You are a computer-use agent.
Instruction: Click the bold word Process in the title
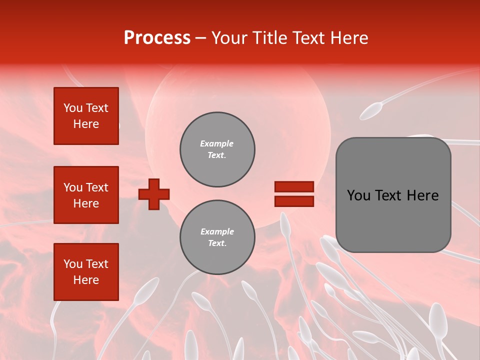click(x=157, y=38)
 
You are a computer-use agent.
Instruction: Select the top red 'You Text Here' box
click(x=86, y=116)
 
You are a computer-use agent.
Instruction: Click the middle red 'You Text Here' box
click(x=86, y=195)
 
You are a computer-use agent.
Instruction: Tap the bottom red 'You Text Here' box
click(x=86, y=272)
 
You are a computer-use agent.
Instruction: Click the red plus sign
click(x=154, y=193)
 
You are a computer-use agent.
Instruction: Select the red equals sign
click(x=294, y=194)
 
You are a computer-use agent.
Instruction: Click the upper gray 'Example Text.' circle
click(x=217, y=149)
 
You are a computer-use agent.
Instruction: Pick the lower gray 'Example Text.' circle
click(x=217, y=237)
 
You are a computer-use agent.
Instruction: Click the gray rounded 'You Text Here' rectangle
click(x=393, y=195)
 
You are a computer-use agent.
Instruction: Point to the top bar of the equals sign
click(x=294, y=186)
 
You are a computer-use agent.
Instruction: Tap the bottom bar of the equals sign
click(x=294, y=201)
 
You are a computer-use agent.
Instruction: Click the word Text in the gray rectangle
click(x=389, y=195)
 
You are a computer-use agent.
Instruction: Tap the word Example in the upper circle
click(x=217, y=143)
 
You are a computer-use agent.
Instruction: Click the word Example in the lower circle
click(x=217, y=231)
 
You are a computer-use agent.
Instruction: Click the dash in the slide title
click(x=201, y=38)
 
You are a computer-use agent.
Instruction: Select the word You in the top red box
click(x=73, y=108)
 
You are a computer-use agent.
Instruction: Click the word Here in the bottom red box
click(x=86, y=280)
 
